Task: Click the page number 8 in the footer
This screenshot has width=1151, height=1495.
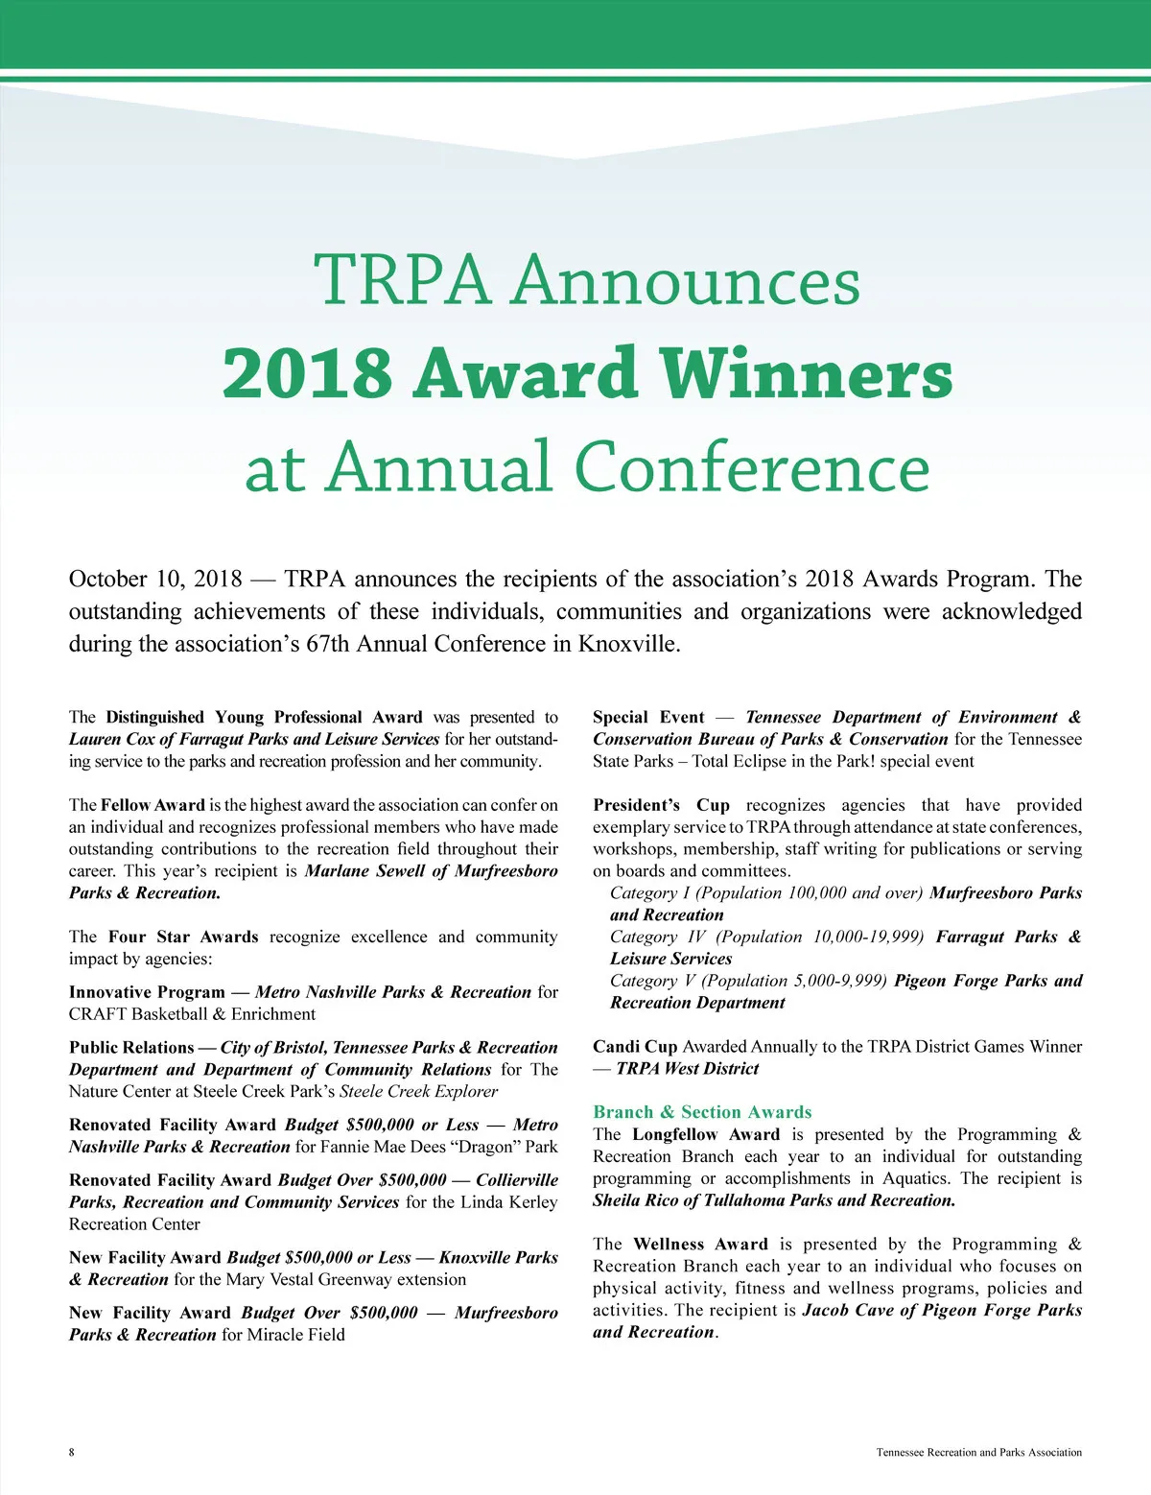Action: tap(72, 1452)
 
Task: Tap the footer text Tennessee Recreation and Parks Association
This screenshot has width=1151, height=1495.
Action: tap(978, 1452)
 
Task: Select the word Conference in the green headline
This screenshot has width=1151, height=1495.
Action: tap(752, 467)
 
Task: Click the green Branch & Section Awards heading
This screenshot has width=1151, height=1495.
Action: tap(702, 1112)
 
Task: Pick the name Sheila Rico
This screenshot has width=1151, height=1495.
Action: tap(636, 1200)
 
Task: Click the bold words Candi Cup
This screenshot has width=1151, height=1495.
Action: tap(635, 1046)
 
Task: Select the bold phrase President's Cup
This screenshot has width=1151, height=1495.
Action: tap(661, 805)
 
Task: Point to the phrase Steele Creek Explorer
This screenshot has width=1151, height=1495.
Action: tap(419, 1091)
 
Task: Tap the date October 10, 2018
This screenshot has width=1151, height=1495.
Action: tap(155, 580)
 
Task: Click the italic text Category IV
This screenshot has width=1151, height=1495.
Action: tap(658, 937)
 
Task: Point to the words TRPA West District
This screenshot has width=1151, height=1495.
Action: tap(687, 1068)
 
